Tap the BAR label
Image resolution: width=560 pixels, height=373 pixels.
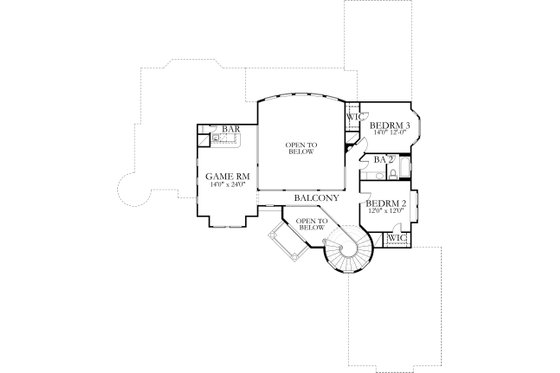click(x=231, y=129)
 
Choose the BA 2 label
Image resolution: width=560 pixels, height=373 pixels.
click(x=381, y=158)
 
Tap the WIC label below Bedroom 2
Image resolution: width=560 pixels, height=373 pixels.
click(x=396, y=239)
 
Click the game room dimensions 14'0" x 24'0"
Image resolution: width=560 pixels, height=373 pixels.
click(x=227, y=187)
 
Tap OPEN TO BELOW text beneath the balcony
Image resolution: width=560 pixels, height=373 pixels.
click(x=312, y=224)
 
